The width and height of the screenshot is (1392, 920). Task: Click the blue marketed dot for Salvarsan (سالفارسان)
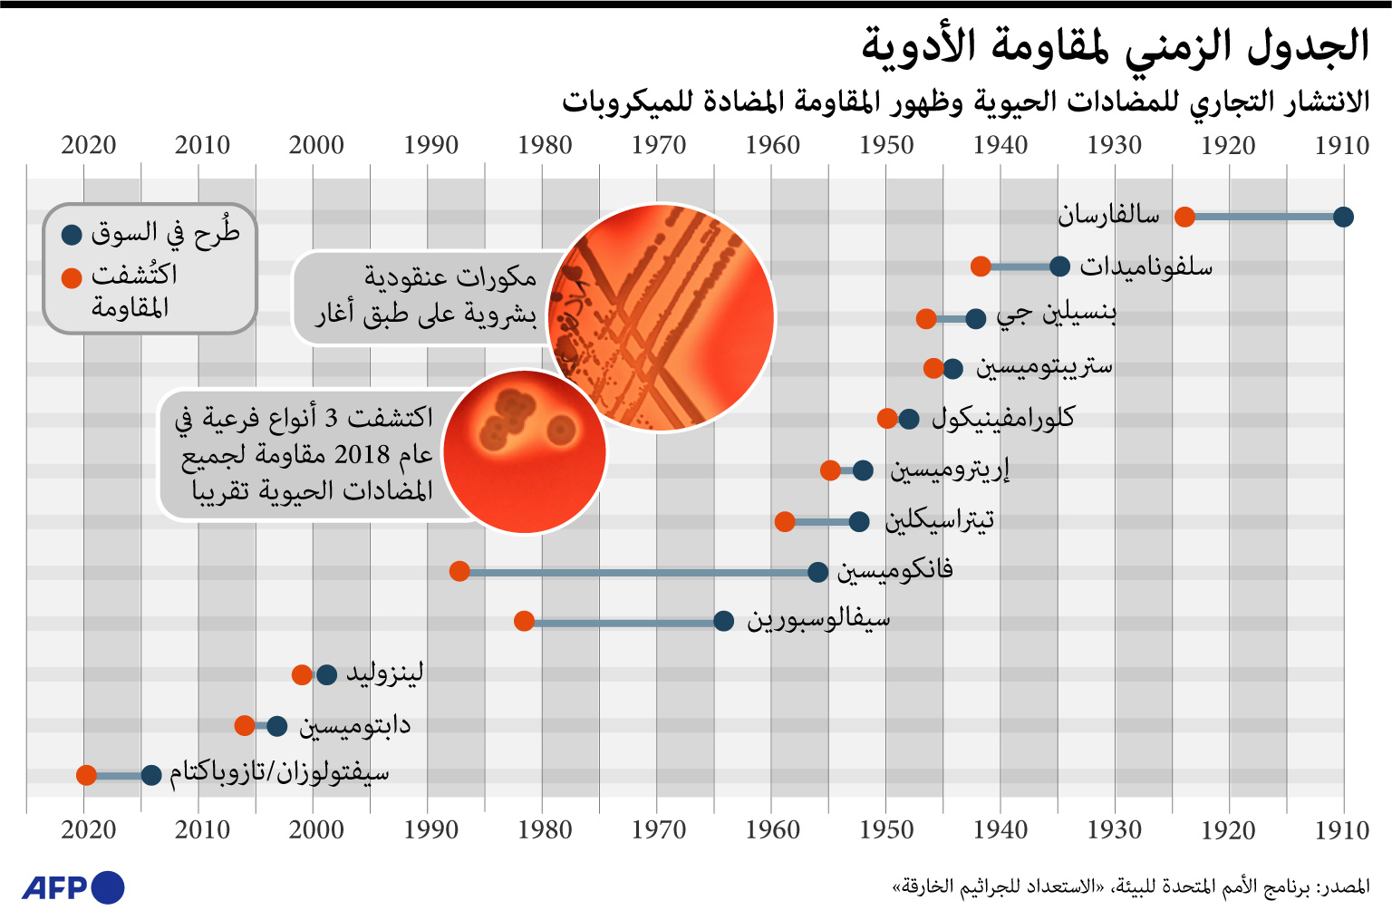point(1343,217)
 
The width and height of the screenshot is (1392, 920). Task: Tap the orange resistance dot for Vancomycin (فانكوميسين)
point(459,571)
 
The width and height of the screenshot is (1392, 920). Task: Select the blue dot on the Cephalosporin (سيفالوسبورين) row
point(723,621)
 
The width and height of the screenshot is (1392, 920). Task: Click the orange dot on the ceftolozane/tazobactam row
point(86,775)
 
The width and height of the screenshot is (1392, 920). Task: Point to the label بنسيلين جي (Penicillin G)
point(1056,314)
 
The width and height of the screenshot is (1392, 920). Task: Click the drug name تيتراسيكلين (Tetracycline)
point(940,519)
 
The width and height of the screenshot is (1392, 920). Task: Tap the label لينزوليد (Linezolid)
point(384,673)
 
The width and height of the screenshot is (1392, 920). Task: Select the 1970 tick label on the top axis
point(659,145)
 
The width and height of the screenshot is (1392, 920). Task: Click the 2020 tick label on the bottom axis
point(89,829)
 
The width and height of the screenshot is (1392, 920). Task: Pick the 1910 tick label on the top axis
point(1342,145)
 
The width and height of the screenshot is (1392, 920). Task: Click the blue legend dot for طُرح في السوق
point(72,236)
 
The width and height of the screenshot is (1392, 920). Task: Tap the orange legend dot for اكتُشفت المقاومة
point(72,277)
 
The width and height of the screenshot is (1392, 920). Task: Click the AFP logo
point(72,887)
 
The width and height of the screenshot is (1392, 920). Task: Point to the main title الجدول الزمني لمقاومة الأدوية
point(1115,45)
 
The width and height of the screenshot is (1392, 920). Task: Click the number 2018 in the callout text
point(362,454)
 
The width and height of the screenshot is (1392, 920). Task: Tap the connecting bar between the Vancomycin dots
point(639,572)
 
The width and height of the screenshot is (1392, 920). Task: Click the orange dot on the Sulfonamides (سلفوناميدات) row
point(981,266)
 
